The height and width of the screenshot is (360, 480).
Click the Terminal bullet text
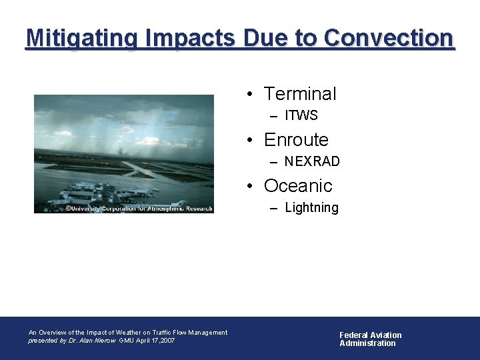pos(300,94)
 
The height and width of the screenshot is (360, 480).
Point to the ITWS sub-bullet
pos(301,116)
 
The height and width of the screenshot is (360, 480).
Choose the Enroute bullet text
pos(296,140)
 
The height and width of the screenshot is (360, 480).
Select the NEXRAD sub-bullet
pos(312,162)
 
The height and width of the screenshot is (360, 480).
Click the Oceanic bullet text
pos(297,185)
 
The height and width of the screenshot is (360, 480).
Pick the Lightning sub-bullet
pos(311,208)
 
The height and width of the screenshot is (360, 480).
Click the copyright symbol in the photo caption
pos(68,209)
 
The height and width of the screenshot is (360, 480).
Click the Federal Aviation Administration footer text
pos(370,339)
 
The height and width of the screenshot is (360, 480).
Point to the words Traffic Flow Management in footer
pos(190,332)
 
